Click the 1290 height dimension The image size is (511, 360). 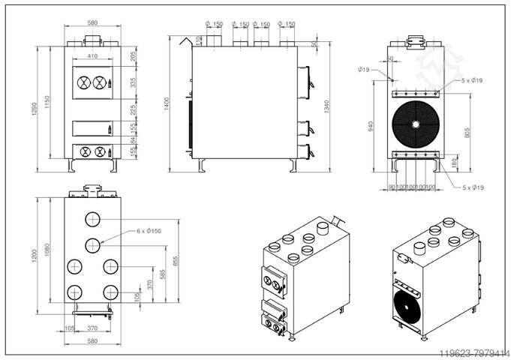32,109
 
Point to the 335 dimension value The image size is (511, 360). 134,82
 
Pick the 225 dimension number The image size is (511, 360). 134,111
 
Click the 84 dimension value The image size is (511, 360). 134,139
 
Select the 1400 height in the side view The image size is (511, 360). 166,104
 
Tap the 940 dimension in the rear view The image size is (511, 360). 370,126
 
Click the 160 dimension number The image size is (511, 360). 455,160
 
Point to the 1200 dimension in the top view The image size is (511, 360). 32,256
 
